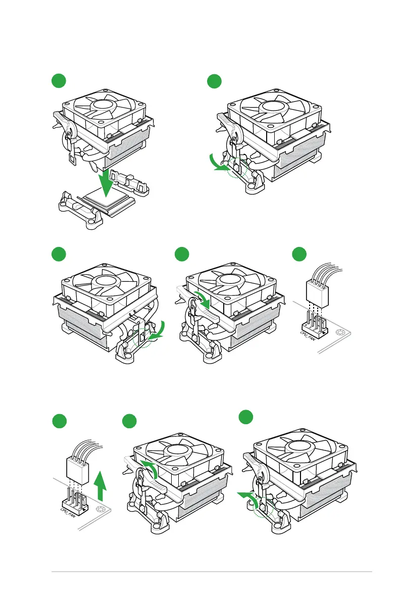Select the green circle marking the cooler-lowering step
(59, 80)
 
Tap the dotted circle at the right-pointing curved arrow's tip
(237, 167)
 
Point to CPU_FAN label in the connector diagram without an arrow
(308, 336)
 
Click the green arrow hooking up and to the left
(248, 497)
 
